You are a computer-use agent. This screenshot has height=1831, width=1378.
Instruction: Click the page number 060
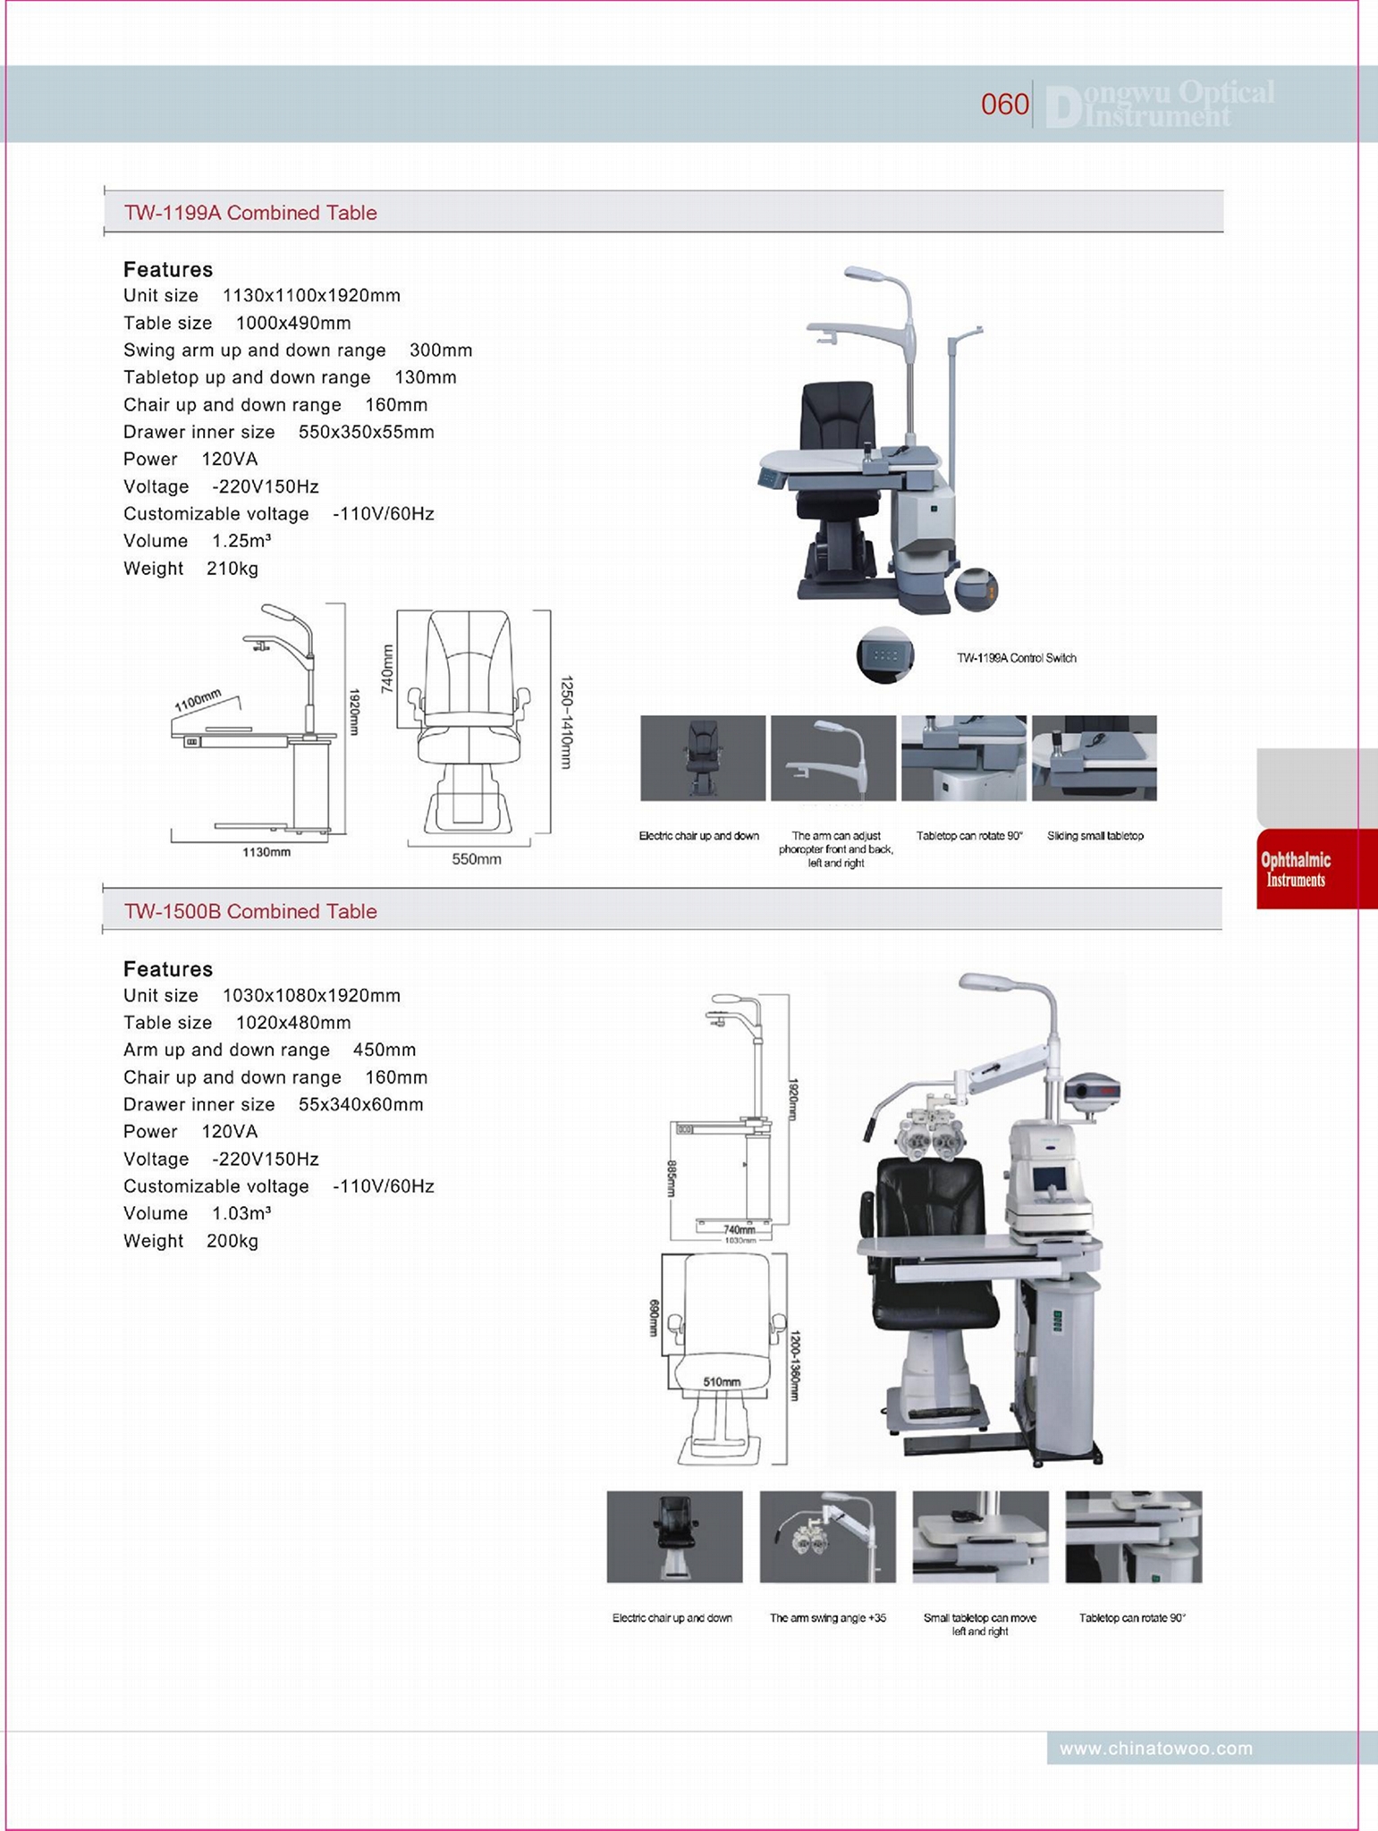[x=1004, y=105]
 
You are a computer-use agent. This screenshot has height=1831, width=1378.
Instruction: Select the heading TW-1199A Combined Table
[x=250, y=213]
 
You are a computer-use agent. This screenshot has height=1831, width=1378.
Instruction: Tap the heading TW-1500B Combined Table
[x=250, y=911]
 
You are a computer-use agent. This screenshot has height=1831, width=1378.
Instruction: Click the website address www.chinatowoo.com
[x=1155, y=1748]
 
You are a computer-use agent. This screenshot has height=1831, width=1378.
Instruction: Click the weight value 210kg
[x=232, y=569]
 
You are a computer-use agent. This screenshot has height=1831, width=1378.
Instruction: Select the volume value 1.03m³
[x=241, y=1213]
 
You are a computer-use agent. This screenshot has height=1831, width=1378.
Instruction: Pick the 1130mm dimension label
[x=266, y=852]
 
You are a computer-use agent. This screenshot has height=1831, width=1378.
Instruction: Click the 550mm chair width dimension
[x=476, y=859]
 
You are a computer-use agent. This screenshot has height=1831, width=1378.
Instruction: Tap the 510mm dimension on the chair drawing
[x=721, y=1381]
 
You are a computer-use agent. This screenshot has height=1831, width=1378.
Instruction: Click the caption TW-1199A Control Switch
[x=1016, y=658]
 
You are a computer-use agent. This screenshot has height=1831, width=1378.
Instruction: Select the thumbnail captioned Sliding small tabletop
[x=1094, y=757]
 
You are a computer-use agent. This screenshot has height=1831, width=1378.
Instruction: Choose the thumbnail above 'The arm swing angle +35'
[x=827, y=1536]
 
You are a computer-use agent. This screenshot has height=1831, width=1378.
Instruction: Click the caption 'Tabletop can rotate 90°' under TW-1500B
[x=1132, y=1617]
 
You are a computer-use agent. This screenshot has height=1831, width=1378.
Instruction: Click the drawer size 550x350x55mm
[x=366, y=432]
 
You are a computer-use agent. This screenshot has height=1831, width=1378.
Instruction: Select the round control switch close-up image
[x=885, y=654]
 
